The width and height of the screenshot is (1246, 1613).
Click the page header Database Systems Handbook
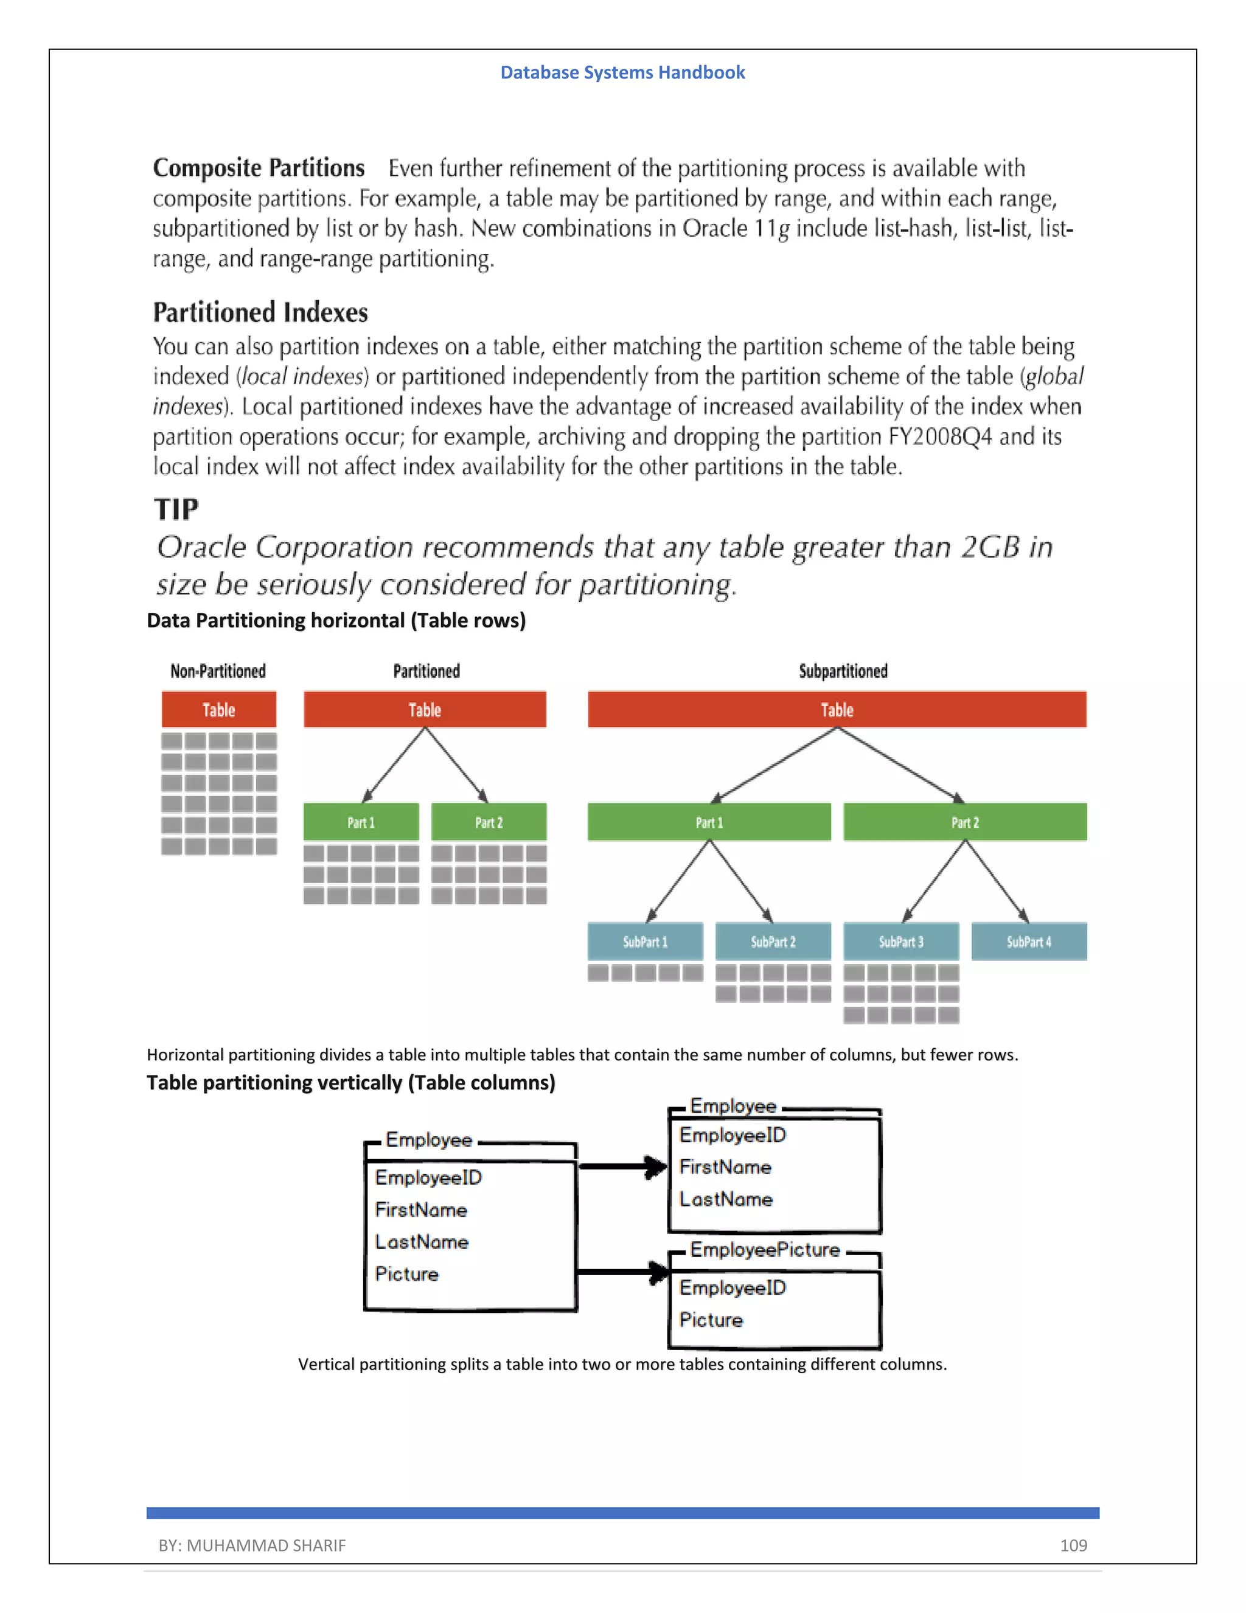pyautogui.click(x=622, y=72)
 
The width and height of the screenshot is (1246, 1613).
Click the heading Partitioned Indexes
pyautogui.click(x=260, y=312)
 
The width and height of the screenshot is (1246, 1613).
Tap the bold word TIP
pyautogui.click(x=176, y=509)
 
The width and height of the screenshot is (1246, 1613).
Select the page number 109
pyautogui.click(x=1073, y=1545)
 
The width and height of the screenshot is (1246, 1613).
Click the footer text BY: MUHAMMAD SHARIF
pyautogui.click(x=252, y=1545)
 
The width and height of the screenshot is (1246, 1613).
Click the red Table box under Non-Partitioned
pyautogui.click(x=218, y=710)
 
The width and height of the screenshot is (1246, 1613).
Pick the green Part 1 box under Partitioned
pyautogui.click(x=361, y=822)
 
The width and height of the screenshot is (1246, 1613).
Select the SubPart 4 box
pyautogui.click(x=1028, y=942)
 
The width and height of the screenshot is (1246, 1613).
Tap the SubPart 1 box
pyautogui.click(x=645, y=942)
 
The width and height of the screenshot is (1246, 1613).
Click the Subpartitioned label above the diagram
pyautogui.click(x=843, y=671)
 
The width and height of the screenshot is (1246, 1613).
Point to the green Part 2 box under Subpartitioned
pyautogui.click(x=965, y=822)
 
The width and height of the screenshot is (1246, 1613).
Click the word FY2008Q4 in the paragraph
pyautogui.click(x=939, y=436)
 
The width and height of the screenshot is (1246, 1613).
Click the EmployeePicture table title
pyautogui.click(x=765, y=1250)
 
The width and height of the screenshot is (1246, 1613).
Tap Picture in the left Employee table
pyautogui.click(x=407, y=1274)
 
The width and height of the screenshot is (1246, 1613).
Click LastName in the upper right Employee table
pyautogui.click(x=726, y=1200)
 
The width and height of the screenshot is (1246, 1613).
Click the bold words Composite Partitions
pyautogui.click(x=259, y=169)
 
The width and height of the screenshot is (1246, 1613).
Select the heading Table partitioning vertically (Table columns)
pyautogui.click(x=350, y=1083)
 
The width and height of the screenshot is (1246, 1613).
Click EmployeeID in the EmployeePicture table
pyautogui.click(x=733, y=1288)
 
